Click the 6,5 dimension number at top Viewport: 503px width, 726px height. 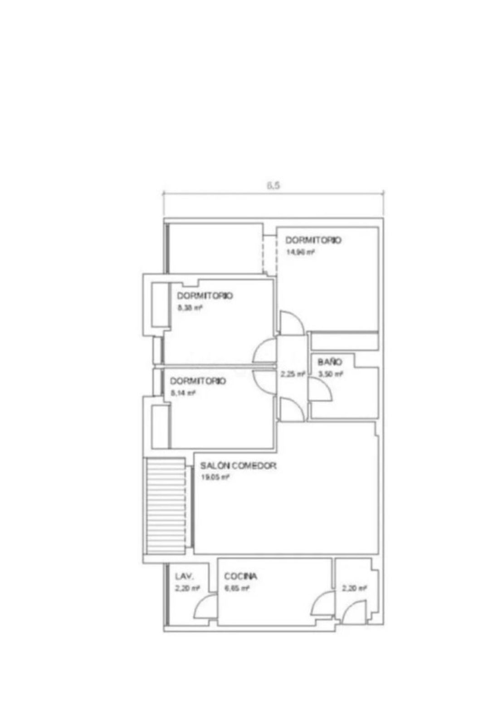pyautogui.click(x=273, y=185)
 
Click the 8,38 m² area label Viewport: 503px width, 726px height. pyautogui.click(x=190, y=308)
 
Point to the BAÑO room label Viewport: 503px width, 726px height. pyautogui.click(x=330, y=362)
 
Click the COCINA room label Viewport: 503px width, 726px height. pyautogui.click(x=241, y=576)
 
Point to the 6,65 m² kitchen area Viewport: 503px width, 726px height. pyautogui.click(x=237, y=589)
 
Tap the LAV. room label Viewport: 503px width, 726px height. pyautogui.click(x=184, y=577)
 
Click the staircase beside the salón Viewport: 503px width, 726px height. pyautogui.click(x=165, y=506)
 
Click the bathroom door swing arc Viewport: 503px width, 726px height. pyautogui.click(x=321, y=390)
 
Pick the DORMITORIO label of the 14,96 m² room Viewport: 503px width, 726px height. pyautogui.click(x=313, y=240)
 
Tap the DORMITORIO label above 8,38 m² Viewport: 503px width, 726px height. pyautogui.click(x=205, y=296)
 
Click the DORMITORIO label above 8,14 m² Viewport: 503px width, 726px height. pyautogui.click(x=198, y=381)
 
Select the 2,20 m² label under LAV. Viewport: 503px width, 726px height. pyautogui.click(x=187, y=589)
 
